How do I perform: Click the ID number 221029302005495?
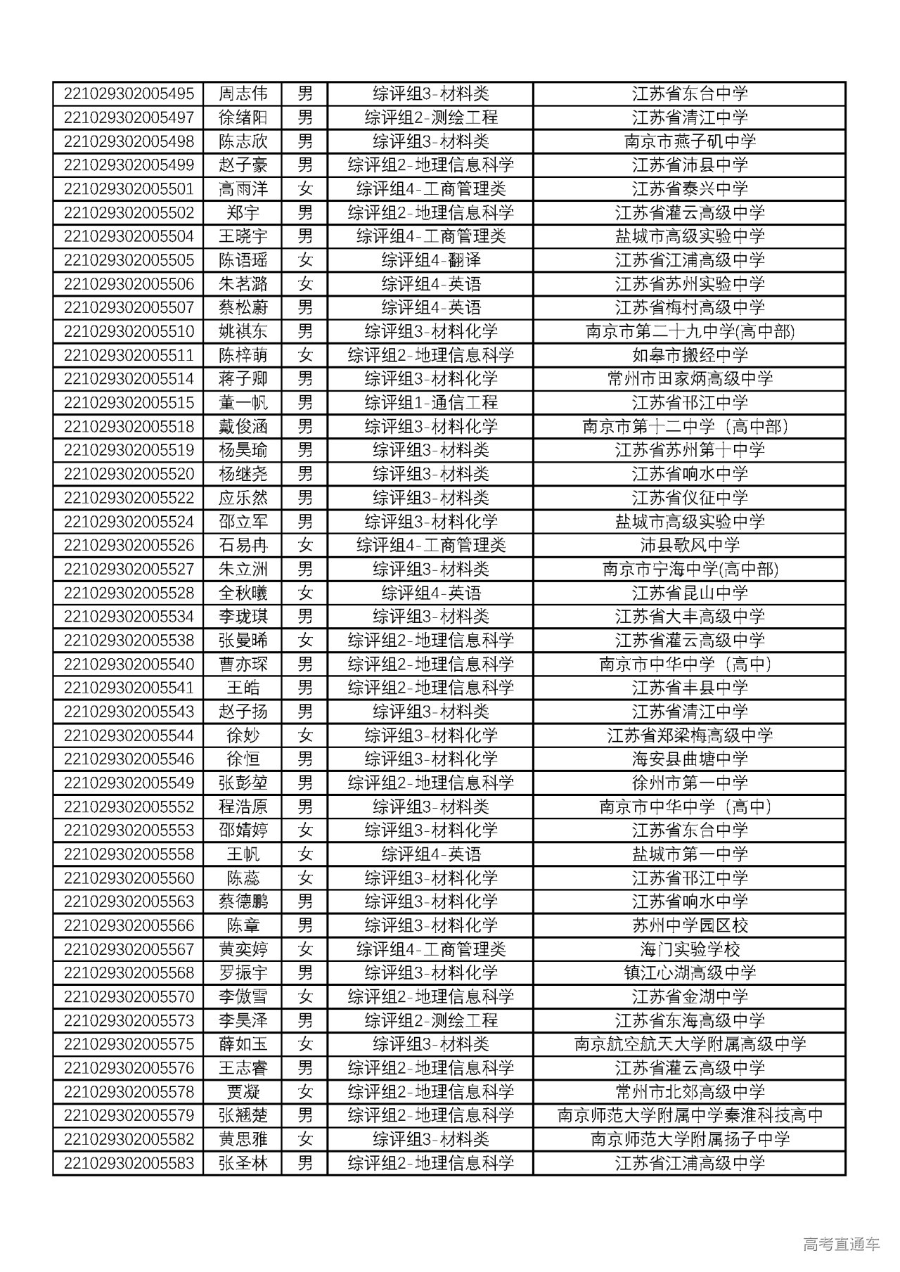coord(129,94)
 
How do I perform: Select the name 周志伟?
coord(243,94)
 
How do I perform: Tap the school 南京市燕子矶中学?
coord(689,141)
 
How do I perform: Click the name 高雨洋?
coord(243,188)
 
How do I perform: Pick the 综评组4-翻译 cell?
coord(430,260)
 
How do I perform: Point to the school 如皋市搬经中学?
coord(689,355)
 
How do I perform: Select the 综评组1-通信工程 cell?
coord(430,403)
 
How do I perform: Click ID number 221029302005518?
coord(129,426)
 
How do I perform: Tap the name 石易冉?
coord(243,545)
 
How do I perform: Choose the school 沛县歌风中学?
coord(689,545)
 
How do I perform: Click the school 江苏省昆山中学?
coord(689,593)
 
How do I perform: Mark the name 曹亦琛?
coord(243,664)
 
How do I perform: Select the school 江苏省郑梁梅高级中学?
coord(689,735)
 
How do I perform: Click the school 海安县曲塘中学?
coord(689,759)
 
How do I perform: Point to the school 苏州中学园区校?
coord(689,925)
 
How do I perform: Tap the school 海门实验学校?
coord(689,949)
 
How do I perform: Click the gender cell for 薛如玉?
coord(304,1044)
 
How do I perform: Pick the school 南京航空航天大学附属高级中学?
coord(689,1044)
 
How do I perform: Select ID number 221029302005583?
coord(129,1163)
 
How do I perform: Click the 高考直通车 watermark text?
coord(840,1244)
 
